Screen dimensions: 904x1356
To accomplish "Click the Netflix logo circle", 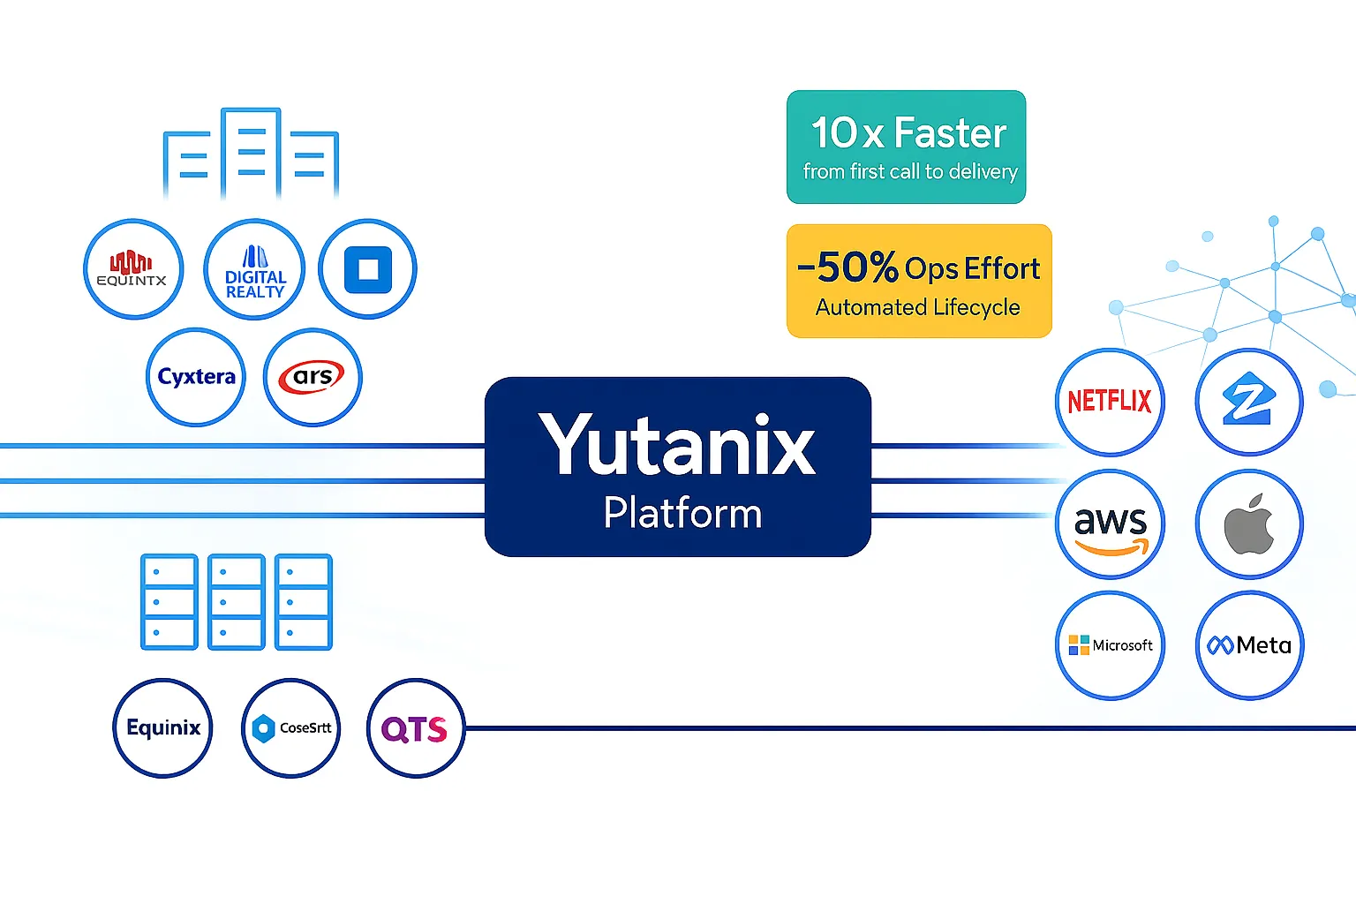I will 1110,402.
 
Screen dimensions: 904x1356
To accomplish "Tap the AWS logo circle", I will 1110,524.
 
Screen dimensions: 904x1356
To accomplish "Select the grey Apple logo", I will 1248,524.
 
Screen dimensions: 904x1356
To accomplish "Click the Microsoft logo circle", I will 1110,645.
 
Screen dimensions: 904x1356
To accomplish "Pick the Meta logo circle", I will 1248,645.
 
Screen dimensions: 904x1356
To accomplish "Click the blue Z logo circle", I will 1248,402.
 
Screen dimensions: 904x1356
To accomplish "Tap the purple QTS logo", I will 415,728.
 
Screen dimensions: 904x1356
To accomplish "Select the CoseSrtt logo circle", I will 290,728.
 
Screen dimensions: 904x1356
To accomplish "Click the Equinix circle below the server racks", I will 163,728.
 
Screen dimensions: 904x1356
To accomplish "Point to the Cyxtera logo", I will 196,377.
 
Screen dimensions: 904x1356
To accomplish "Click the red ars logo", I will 313,377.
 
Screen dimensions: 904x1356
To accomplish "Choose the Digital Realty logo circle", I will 254,269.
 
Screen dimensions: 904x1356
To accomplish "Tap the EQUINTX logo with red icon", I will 132,269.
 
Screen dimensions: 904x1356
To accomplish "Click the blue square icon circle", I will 367,269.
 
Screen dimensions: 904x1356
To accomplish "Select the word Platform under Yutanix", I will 682,513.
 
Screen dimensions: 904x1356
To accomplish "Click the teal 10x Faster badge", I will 907,147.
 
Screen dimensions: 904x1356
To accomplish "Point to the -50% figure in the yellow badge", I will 847,267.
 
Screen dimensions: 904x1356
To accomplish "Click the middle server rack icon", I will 236,602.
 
